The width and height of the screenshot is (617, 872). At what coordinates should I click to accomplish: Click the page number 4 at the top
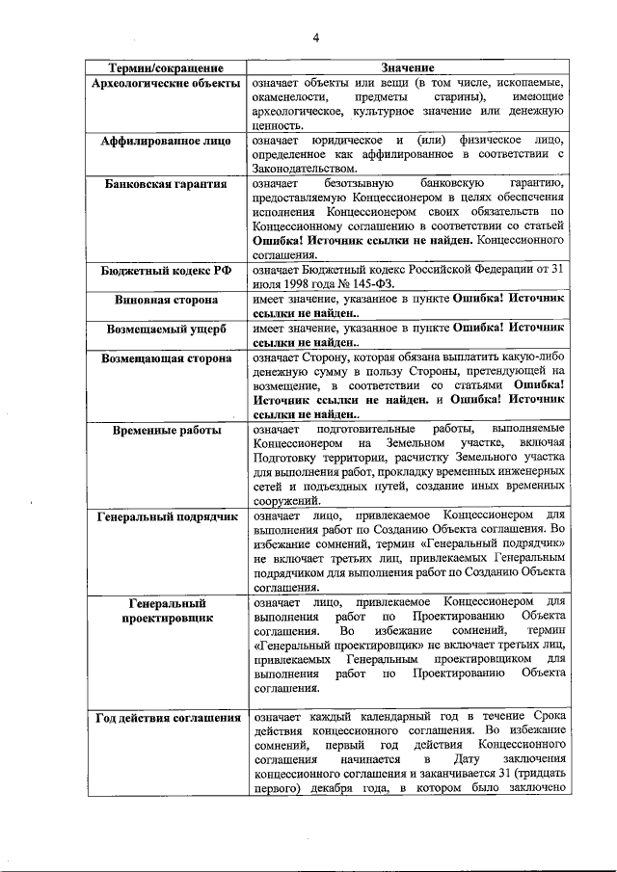click(314, 38)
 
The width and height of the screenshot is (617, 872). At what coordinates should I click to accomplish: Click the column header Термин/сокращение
click(166, 68)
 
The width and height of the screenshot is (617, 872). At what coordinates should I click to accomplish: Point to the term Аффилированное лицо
click(166, 140)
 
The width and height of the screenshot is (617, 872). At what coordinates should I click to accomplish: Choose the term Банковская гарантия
click(166, 183)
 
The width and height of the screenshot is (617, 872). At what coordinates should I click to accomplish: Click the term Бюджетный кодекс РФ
click(166, 274)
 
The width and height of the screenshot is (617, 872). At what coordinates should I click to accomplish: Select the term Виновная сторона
click(166, 302)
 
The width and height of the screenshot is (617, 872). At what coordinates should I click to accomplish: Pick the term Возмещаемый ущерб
click(166, 330)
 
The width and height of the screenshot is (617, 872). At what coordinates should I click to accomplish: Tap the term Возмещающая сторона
click(166, 358)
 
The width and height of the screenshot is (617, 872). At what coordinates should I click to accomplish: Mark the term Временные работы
click(166, 430)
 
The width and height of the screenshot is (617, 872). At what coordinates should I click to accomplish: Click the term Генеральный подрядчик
click(166, 516)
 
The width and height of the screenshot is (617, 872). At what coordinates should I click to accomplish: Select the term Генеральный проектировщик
click(166, 611)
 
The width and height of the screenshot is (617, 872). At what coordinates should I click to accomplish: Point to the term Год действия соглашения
click(166, 718)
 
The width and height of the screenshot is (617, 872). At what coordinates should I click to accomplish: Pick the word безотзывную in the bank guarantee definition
click(366, 183)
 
